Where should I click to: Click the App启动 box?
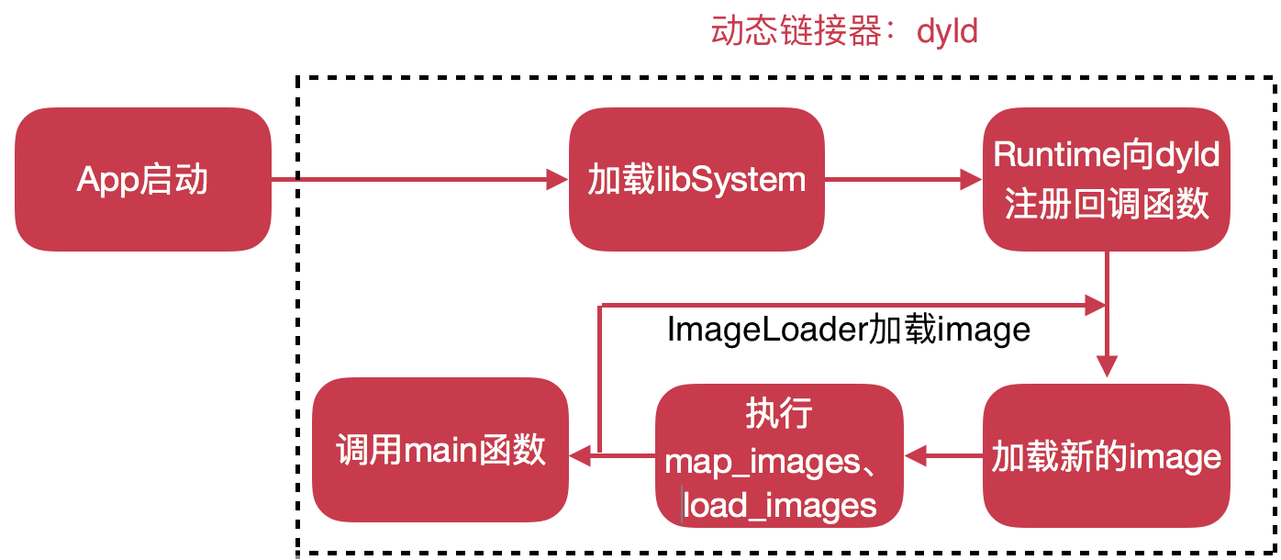(143, 180)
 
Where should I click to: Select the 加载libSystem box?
(696, 180)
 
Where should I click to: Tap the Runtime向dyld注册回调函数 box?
(1107, 180)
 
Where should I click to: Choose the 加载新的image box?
(1107, 455)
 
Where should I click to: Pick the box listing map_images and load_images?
(779, 456)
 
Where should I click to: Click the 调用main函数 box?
(440, 450)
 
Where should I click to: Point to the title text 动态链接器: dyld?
(844, 32)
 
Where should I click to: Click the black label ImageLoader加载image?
(849, 329)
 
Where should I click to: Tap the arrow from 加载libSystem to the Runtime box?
(904, 180)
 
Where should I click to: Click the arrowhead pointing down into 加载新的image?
(1108, 366)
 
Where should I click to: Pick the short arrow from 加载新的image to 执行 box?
(943, 454)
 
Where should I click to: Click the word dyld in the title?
(947, 32)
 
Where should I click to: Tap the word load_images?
(780, 505)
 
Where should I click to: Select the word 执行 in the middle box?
(778, 414)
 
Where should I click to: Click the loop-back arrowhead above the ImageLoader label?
(1096, 306)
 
